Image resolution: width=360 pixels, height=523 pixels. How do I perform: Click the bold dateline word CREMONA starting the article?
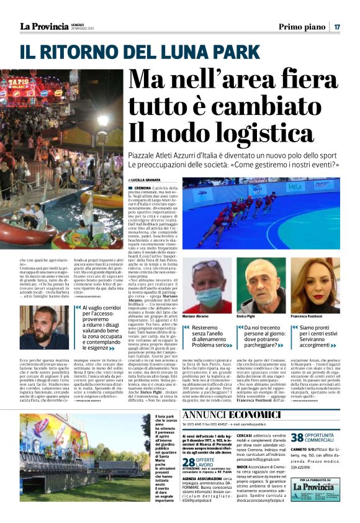coord(142,187)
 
